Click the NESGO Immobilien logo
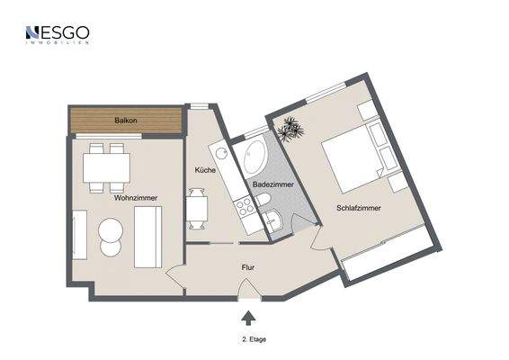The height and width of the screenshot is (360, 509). [57, 35]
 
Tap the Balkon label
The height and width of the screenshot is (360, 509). [125, 121]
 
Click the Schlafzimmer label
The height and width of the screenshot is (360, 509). [358, 208]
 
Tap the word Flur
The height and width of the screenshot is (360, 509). [249, 267]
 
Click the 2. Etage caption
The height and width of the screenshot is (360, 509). [254, 339]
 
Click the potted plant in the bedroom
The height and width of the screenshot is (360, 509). [290, 130]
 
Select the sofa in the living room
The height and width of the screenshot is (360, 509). [147, 237]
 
